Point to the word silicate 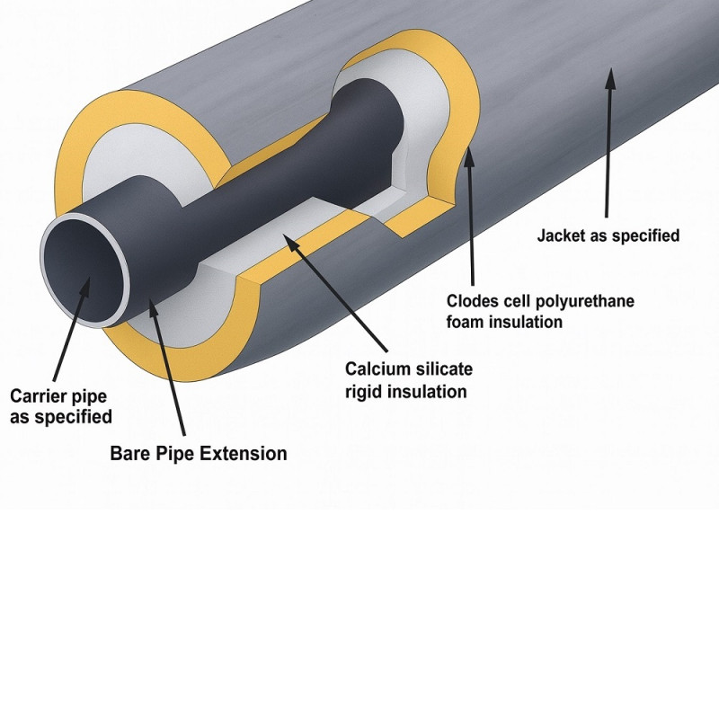(442, 370)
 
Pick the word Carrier (37, 395)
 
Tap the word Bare (129, 454)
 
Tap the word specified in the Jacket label (644, 236)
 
